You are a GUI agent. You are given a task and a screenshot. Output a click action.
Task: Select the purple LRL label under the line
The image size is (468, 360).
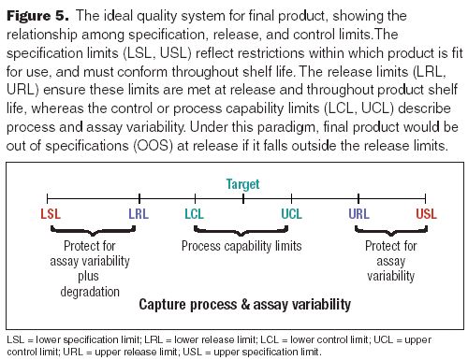139,214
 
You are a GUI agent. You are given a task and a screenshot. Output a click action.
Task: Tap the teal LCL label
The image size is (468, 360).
194,214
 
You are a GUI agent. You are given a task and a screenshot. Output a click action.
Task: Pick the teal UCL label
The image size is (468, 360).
291,214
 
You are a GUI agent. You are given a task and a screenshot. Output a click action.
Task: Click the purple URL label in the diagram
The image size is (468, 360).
358,214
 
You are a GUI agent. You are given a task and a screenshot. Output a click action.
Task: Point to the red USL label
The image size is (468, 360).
426,214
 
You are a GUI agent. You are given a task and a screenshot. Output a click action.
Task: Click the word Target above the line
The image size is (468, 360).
242,184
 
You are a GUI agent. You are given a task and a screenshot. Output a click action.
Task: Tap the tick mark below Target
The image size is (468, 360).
242,197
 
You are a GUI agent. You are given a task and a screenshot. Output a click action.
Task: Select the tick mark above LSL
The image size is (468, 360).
48,197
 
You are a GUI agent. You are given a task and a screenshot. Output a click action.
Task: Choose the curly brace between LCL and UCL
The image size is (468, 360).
242,230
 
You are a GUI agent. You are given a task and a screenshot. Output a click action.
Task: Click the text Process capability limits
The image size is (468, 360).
241,246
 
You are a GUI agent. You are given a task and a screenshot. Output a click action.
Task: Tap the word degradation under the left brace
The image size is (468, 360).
92,291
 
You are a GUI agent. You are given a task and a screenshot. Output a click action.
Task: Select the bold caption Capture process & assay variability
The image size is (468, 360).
244,305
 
